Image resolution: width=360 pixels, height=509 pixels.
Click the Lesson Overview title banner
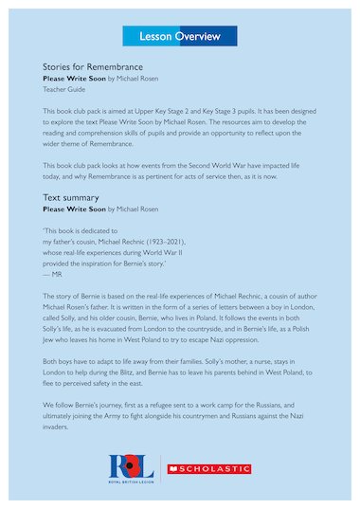click(180, 36)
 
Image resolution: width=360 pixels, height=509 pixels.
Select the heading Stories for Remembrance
click(93, 67)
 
